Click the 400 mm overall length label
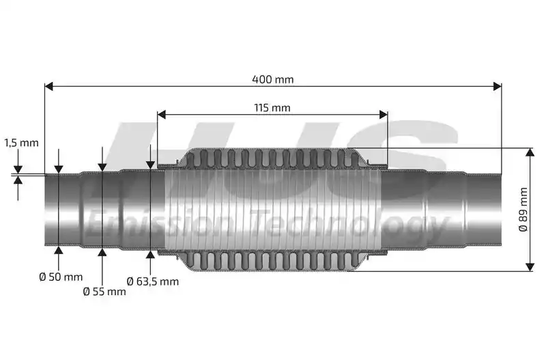tap(272, 79)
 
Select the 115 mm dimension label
tap(272, 108)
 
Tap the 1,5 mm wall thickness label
tap(21, 143)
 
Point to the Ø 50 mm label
tap(61, 277)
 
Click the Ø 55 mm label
tap(104, 291)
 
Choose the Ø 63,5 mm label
tap(152, 281)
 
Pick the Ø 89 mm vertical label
tap(523, 210)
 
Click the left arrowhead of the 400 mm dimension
tap(48, 86)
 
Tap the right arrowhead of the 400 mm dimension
tap(498, 86)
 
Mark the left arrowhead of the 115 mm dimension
tap(161, 114)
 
